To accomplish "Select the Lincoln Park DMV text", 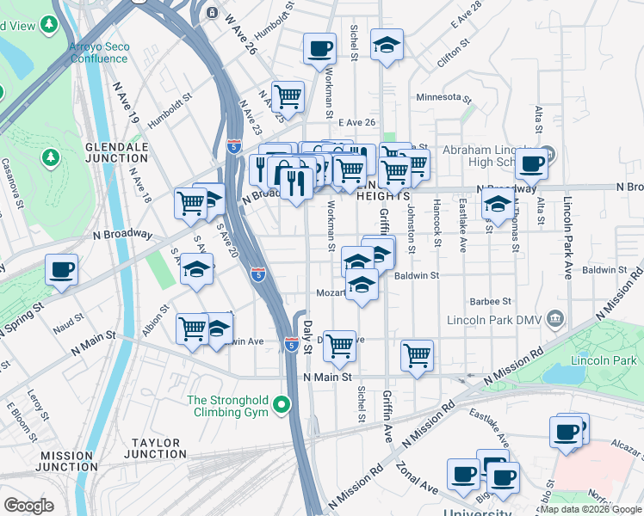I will [x=494, y=320].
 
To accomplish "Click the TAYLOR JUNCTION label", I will [x=155, y=447].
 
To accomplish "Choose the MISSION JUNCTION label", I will [x=67, y=461].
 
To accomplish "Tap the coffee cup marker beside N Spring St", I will [x=62, y=271].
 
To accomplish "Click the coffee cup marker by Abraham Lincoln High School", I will [x=531, y=163].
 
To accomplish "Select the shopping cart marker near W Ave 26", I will [x=288, y=97].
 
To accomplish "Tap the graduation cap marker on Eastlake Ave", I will [x=496, y=206].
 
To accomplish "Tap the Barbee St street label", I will [x=491, y=301].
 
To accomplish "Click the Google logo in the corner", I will [x=29, y=506].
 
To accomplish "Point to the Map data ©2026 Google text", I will [x=591, y=509].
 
